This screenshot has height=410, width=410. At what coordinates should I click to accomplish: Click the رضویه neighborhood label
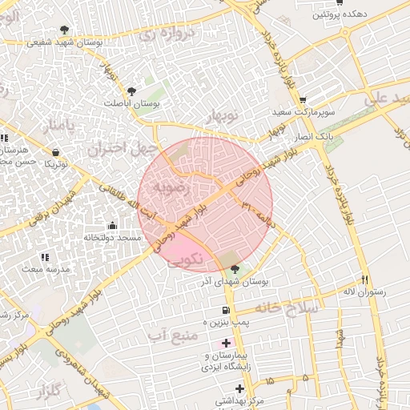point(174,189)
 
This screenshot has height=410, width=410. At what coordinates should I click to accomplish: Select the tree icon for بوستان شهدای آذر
point(234,270)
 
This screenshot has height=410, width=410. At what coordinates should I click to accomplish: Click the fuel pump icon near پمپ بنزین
point(226,311)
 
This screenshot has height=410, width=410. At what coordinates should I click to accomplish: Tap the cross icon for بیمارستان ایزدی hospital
point(226,344)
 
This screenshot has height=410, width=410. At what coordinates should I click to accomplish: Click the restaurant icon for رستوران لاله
point(365,280)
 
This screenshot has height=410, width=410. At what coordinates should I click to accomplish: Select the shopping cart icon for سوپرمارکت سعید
point(303,100)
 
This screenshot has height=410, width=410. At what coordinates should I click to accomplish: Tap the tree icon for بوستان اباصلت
point(131,91)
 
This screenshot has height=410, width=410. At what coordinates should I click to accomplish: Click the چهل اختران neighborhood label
point(119,148)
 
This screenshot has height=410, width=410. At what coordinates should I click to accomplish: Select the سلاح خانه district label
point(287,307)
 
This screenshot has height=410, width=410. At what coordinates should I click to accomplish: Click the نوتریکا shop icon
point(54,152)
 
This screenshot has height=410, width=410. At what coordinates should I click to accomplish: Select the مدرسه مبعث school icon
point(45,258)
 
